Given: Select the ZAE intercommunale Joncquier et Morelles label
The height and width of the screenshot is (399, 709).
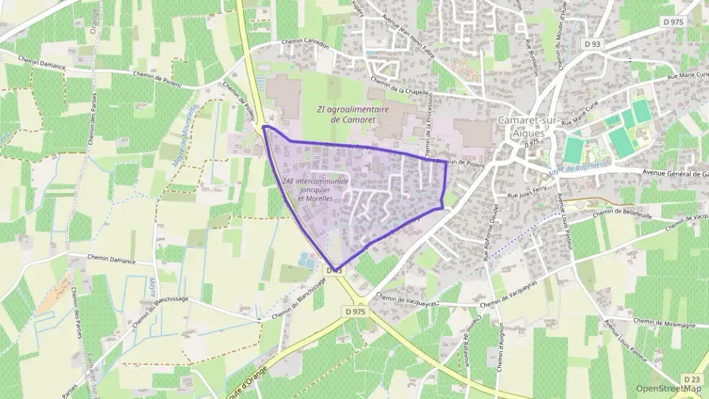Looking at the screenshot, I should [315, 189].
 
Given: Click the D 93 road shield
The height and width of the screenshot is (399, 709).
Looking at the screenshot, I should [592, 45].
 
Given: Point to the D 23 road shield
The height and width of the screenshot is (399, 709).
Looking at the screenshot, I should [691, 379].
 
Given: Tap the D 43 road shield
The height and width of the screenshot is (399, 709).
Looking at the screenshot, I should [335, 270].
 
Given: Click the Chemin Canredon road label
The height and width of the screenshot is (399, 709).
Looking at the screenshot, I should [305, 43].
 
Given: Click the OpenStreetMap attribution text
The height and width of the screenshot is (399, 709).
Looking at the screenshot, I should [667, 388].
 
